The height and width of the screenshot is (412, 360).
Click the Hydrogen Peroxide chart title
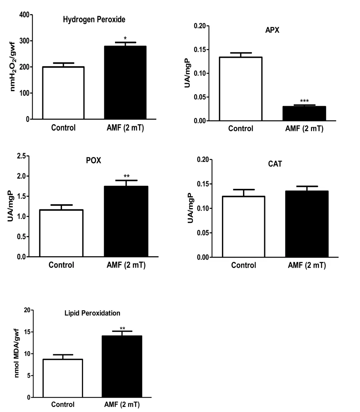pos(94,19)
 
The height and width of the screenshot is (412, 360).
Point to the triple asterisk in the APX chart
pos(304,101)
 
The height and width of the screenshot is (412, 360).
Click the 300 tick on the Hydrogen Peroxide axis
pos(24,41)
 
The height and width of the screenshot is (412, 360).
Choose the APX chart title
pos(272,30)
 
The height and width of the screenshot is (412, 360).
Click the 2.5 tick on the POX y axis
pos(22,156)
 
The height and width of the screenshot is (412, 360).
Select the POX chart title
pos(93,160)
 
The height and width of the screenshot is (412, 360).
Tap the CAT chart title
pos(275,164)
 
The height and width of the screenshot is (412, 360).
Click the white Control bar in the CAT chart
pos(243,227)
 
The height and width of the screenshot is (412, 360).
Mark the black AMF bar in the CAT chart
pos(307,224)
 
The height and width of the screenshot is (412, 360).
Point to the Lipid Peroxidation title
pos(92,313)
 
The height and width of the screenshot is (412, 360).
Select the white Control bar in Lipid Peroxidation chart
pos(63,378)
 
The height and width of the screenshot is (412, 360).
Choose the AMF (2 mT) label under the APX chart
pos(304,129)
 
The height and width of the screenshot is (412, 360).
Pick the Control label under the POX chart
pos(61,265)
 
